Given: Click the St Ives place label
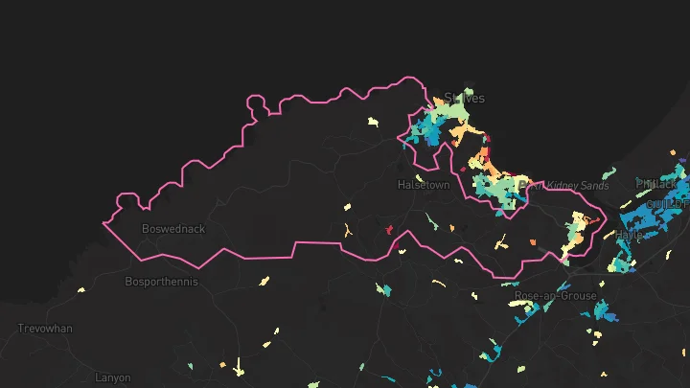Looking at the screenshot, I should (464, 98).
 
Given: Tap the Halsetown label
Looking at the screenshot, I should (424, 185).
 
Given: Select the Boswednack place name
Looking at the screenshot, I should (172, 229).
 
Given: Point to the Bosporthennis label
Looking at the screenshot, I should (160, 282).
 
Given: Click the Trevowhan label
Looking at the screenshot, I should (45, 329).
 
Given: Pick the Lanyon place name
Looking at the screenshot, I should (113, 377).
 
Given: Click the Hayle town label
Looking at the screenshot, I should (629, 234).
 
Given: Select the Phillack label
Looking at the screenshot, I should (656, 183).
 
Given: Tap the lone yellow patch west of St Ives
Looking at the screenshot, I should (374, 122).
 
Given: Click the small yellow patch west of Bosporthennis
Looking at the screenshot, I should (80, 290).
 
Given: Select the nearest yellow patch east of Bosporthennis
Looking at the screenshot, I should (264, 282).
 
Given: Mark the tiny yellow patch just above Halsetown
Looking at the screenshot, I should (419, 176).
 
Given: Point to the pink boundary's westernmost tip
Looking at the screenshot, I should (103, 224).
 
